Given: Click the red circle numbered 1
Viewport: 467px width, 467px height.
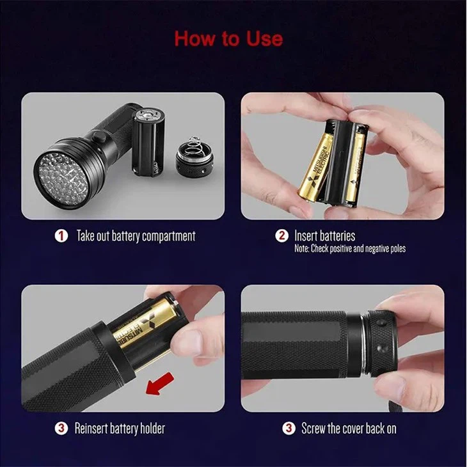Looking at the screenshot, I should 61,236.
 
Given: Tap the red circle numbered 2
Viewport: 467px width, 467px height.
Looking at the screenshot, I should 281,236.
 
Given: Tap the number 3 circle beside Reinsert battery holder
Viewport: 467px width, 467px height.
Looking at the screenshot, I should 61,428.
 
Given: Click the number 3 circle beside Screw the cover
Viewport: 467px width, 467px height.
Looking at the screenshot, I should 289,428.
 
